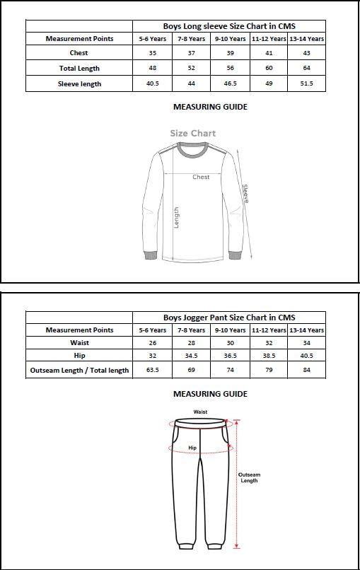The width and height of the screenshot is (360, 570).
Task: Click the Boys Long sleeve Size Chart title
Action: pyautogui.click(x=229, y=25)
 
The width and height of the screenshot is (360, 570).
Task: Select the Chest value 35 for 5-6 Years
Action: pyautogui.click(x=152, y=53)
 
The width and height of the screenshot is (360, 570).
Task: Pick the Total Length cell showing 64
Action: pyautogui.click(x=306, y=69)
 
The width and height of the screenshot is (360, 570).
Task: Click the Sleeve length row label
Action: pyautogui.click(x=79, y=84)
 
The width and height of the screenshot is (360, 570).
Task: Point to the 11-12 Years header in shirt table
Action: pyautogui.click(x=269, y=39)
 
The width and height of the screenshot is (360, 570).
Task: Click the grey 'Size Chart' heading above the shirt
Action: pyautogui.click(x=192, y=133)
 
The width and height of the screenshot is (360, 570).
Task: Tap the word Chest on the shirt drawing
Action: pyautogui.click(x=201, y=177)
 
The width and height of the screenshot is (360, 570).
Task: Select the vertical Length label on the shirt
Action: pyautogui.click(x=177, y=217)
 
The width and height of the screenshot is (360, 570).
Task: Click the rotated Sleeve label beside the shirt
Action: pyautogui.click(x=245, y=194)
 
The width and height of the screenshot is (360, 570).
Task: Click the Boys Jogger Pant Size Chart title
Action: pyautogui.click(x=229, y=318)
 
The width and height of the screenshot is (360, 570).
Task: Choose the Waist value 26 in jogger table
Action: pyautogui.click(x=152, y=343)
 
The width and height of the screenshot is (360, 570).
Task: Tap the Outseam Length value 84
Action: pyautogui.click(x=306, y=370)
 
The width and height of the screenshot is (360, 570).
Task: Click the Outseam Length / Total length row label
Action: pyautogui.click(x=79, y=370)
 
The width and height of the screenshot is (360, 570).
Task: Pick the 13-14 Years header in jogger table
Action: pyautogui.click(x=306, y=330)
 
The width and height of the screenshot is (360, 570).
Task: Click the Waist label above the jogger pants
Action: pyautogui.click(x=200, y=412)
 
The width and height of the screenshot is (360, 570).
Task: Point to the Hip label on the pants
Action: pyautogui.click(x=192, y=448)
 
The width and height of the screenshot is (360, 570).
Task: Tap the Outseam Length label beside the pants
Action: pyautogui.click(x=248, y=477)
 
